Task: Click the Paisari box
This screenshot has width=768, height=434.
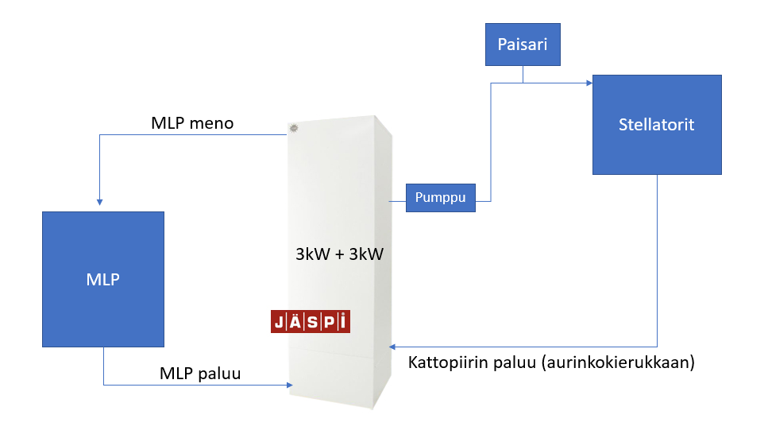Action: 523,45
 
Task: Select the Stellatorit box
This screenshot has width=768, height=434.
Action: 657,125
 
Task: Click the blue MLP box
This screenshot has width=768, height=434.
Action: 103,279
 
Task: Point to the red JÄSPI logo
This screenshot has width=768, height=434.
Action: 310,322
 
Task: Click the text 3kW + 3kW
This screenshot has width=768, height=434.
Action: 334,256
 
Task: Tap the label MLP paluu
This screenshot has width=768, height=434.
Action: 200,373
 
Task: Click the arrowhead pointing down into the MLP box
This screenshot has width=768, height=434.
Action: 98,202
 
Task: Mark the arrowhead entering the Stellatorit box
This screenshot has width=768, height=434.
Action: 589,82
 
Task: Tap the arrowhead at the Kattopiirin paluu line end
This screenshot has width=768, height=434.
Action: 392,347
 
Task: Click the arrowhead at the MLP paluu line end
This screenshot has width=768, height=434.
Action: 289,386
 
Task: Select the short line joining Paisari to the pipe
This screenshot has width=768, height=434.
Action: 523,74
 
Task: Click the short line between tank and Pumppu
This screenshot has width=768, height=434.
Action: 397,199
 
